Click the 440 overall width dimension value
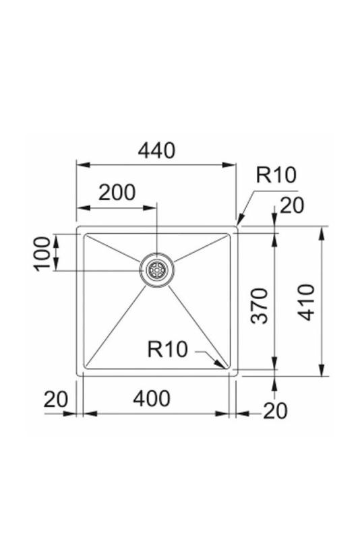[x=156, y=150]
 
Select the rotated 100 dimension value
[x=42, y=253]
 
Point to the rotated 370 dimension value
[x=260, y=305]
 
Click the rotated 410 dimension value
[x=306, y=302]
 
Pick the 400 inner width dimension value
[x=151, y=399]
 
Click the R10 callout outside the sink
[x=276, y=175]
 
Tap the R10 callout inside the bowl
[x=167, y=349]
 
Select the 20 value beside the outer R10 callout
[x=292, y=205]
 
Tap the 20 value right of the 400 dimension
[x=275, y=410]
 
